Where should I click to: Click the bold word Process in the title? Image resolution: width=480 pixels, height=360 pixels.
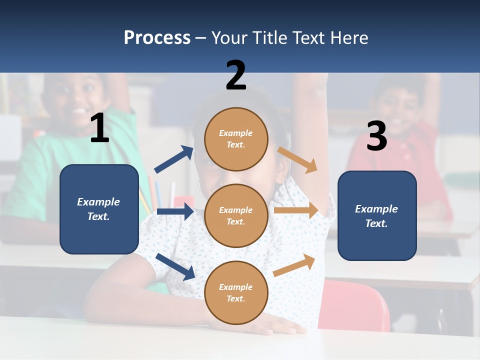coord(157,38)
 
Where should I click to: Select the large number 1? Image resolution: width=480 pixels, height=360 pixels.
coord(99,128)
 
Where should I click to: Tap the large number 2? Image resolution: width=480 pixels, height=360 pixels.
coord(236,75)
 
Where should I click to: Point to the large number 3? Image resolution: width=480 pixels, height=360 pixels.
coord(376,136)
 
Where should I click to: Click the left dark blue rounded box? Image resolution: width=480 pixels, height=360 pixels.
coord(99,209)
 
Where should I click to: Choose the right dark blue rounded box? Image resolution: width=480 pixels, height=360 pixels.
coord(377,216)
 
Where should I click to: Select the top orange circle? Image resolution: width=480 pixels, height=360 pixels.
coord(236,139)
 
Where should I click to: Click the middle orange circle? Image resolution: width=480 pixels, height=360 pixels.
coord(236,215)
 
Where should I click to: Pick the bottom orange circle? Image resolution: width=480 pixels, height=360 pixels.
coord(236,292)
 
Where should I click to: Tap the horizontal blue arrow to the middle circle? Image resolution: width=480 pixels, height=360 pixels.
coord(175,211)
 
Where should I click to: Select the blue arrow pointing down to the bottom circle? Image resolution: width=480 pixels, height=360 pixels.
coord(175,266)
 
